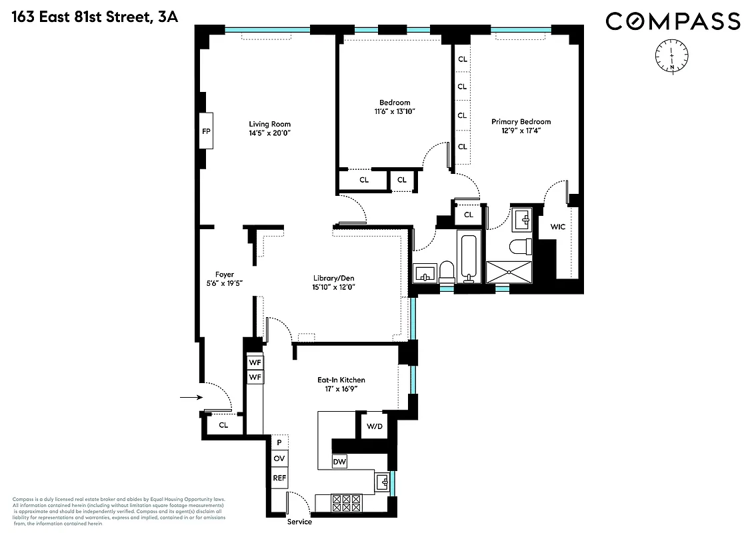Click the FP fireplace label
tap(206, 131)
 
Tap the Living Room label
tap(269, 124)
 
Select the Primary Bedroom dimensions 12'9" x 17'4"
tap(521, 131)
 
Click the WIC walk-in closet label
tap(558, 227)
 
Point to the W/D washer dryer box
tap(373, 426)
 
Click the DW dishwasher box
tap(339, 462)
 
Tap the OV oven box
tap(279, 458)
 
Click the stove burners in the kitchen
tap(346, 503)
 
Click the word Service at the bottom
tap(299, 522)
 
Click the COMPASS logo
tap(673, 21)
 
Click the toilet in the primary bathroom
tap(519, 247)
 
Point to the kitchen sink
tap(382, 482)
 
